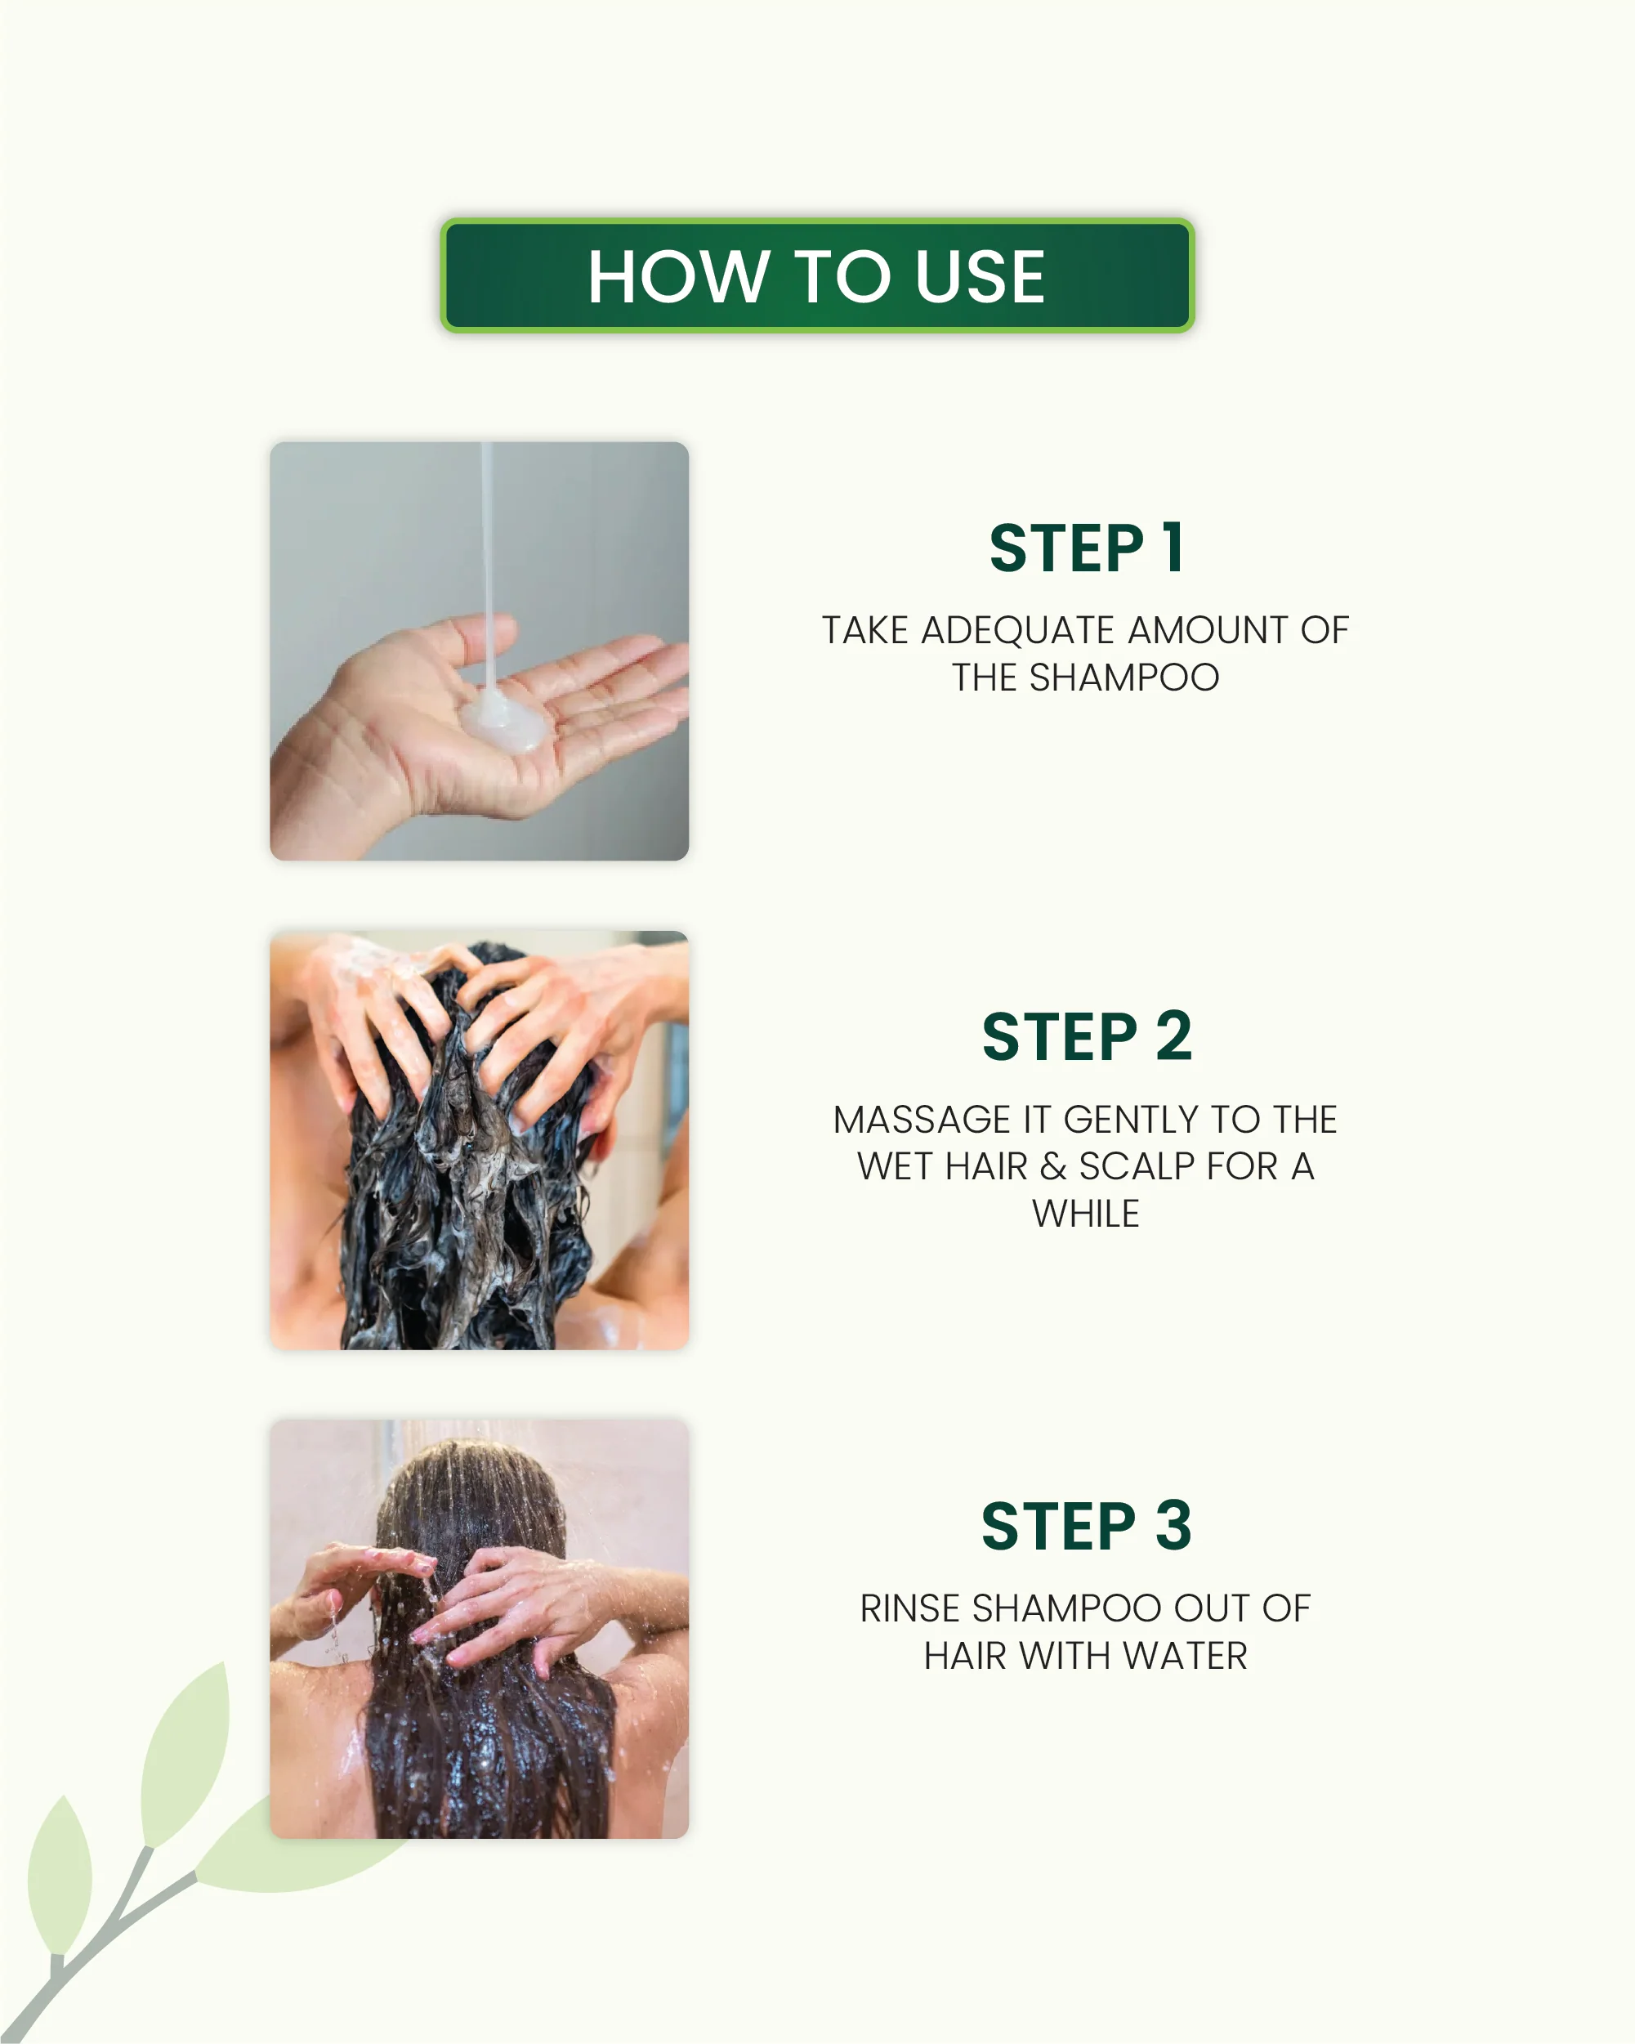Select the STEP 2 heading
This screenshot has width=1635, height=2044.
click(1086, 1036)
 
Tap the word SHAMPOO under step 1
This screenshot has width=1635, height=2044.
click(1124, 678)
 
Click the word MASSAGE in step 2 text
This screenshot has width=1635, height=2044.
click(922, 1120)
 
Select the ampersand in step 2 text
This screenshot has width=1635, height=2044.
click(1053, 1167)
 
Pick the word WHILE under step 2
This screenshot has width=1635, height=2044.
click(1085, 1214)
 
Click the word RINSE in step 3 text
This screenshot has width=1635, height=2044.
click(910, 1609)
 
